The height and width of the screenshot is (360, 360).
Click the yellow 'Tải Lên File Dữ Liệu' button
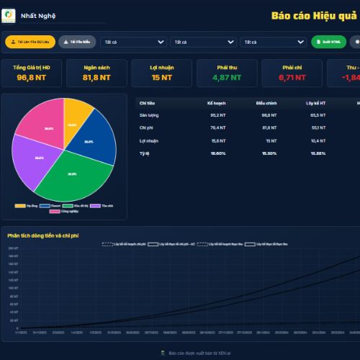pyautogui.click(x=30, y=42)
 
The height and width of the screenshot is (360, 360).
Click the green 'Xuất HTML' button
pyautogui.click(x=328, y=42)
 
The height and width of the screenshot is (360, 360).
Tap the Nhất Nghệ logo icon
pyautogui.click(x=9, y=14)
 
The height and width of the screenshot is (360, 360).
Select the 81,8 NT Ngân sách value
pyautogui.click(x=96, y=77)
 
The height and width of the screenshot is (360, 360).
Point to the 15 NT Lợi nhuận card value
pyautogui.click(x=161, y=77)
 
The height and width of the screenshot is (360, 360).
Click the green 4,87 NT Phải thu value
pyautogui.click(x=226, y=77)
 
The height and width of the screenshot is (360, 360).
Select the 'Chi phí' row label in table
pyautogui.click(x=146, y=127)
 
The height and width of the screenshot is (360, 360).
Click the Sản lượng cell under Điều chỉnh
pyautogui.click(x=269, y=114)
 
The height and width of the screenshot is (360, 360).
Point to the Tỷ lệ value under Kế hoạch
pyautogui.click(x=217, y=153)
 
